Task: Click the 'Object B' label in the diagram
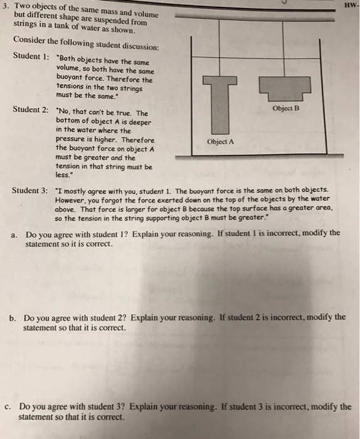tap(287, 108)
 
